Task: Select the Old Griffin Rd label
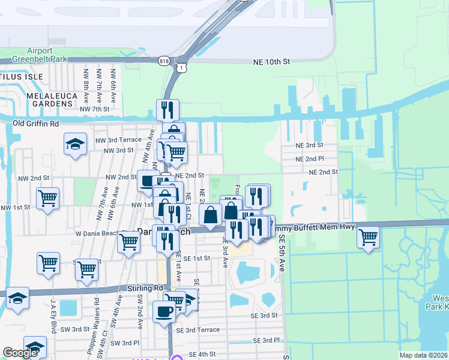coord(36,124)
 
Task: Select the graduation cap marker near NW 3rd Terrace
coord(75,145)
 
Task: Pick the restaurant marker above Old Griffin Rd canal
coord(168,109)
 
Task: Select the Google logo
coord(20,353)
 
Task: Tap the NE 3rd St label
coord(309,145)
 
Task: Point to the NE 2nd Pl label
coord(310,159)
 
